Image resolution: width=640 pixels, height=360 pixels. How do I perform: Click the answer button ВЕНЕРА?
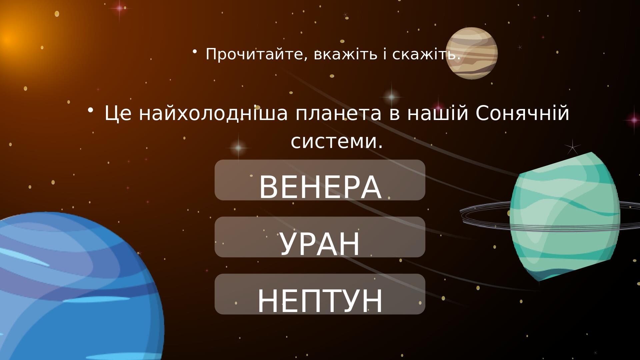[320, 180]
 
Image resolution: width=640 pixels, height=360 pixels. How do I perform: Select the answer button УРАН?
[320, 237]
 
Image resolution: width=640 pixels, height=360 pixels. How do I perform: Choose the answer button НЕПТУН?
[320, 294]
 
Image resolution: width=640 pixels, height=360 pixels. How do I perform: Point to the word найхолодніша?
[213, 113]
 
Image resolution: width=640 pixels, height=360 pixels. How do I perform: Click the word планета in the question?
[338, 114]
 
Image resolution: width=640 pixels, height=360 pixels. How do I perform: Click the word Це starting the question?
[118, 114]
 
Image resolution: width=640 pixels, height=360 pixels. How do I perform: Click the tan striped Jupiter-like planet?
[472, 53]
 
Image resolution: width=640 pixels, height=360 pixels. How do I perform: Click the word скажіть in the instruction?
[426, 54]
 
